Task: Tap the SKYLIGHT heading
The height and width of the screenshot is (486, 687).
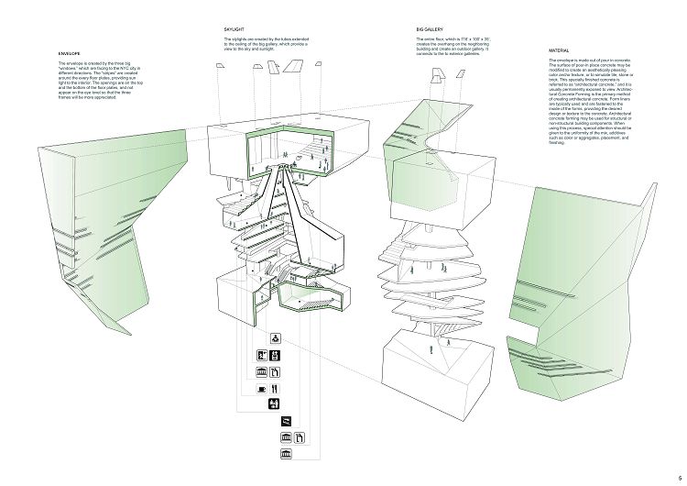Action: coord(234,29)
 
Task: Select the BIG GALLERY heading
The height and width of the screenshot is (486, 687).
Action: coord(429,29)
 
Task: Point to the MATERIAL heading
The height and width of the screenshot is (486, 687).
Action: coord(560,50)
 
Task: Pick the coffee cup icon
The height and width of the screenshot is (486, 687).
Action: coord(262,388)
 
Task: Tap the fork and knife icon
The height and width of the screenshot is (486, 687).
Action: coord(276,388)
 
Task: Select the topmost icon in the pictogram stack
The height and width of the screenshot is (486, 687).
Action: coord(276,338)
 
